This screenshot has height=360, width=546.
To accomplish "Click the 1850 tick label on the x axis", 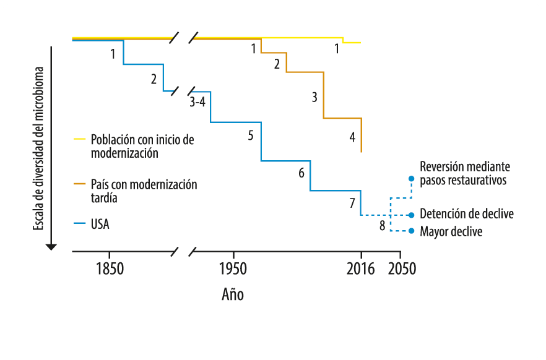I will coord(109,269).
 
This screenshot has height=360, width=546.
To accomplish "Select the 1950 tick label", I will coord(233,269).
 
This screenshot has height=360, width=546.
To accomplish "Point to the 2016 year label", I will coord(361,269).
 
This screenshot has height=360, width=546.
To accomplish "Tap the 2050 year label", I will coord(401,269).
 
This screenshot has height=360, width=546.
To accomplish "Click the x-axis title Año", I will coord(233,294).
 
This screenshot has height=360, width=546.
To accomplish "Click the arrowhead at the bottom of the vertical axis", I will coord(51,247).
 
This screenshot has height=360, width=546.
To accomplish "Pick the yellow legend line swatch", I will coord(79,140).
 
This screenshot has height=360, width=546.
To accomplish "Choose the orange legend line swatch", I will coord(79,184).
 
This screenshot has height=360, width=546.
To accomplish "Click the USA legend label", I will coord(100,224).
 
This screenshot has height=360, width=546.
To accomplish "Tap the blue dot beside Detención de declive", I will coord(411,215).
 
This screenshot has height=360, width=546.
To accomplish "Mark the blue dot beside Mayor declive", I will coord(411,231).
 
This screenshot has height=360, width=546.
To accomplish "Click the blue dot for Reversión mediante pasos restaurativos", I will coord(411,178).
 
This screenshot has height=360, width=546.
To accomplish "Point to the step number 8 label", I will coord(382,225).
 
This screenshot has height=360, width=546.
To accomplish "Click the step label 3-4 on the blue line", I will coord(197,102).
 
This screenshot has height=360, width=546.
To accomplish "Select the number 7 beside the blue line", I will coord(352,203).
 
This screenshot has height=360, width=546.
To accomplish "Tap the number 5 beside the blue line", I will coord(251,135).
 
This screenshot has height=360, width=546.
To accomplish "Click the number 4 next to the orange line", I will coord(352,137).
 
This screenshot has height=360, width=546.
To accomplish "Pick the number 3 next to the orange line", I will coord(314,97).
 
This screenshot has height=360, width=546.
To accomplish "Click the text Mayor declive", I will coord(451,232).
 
